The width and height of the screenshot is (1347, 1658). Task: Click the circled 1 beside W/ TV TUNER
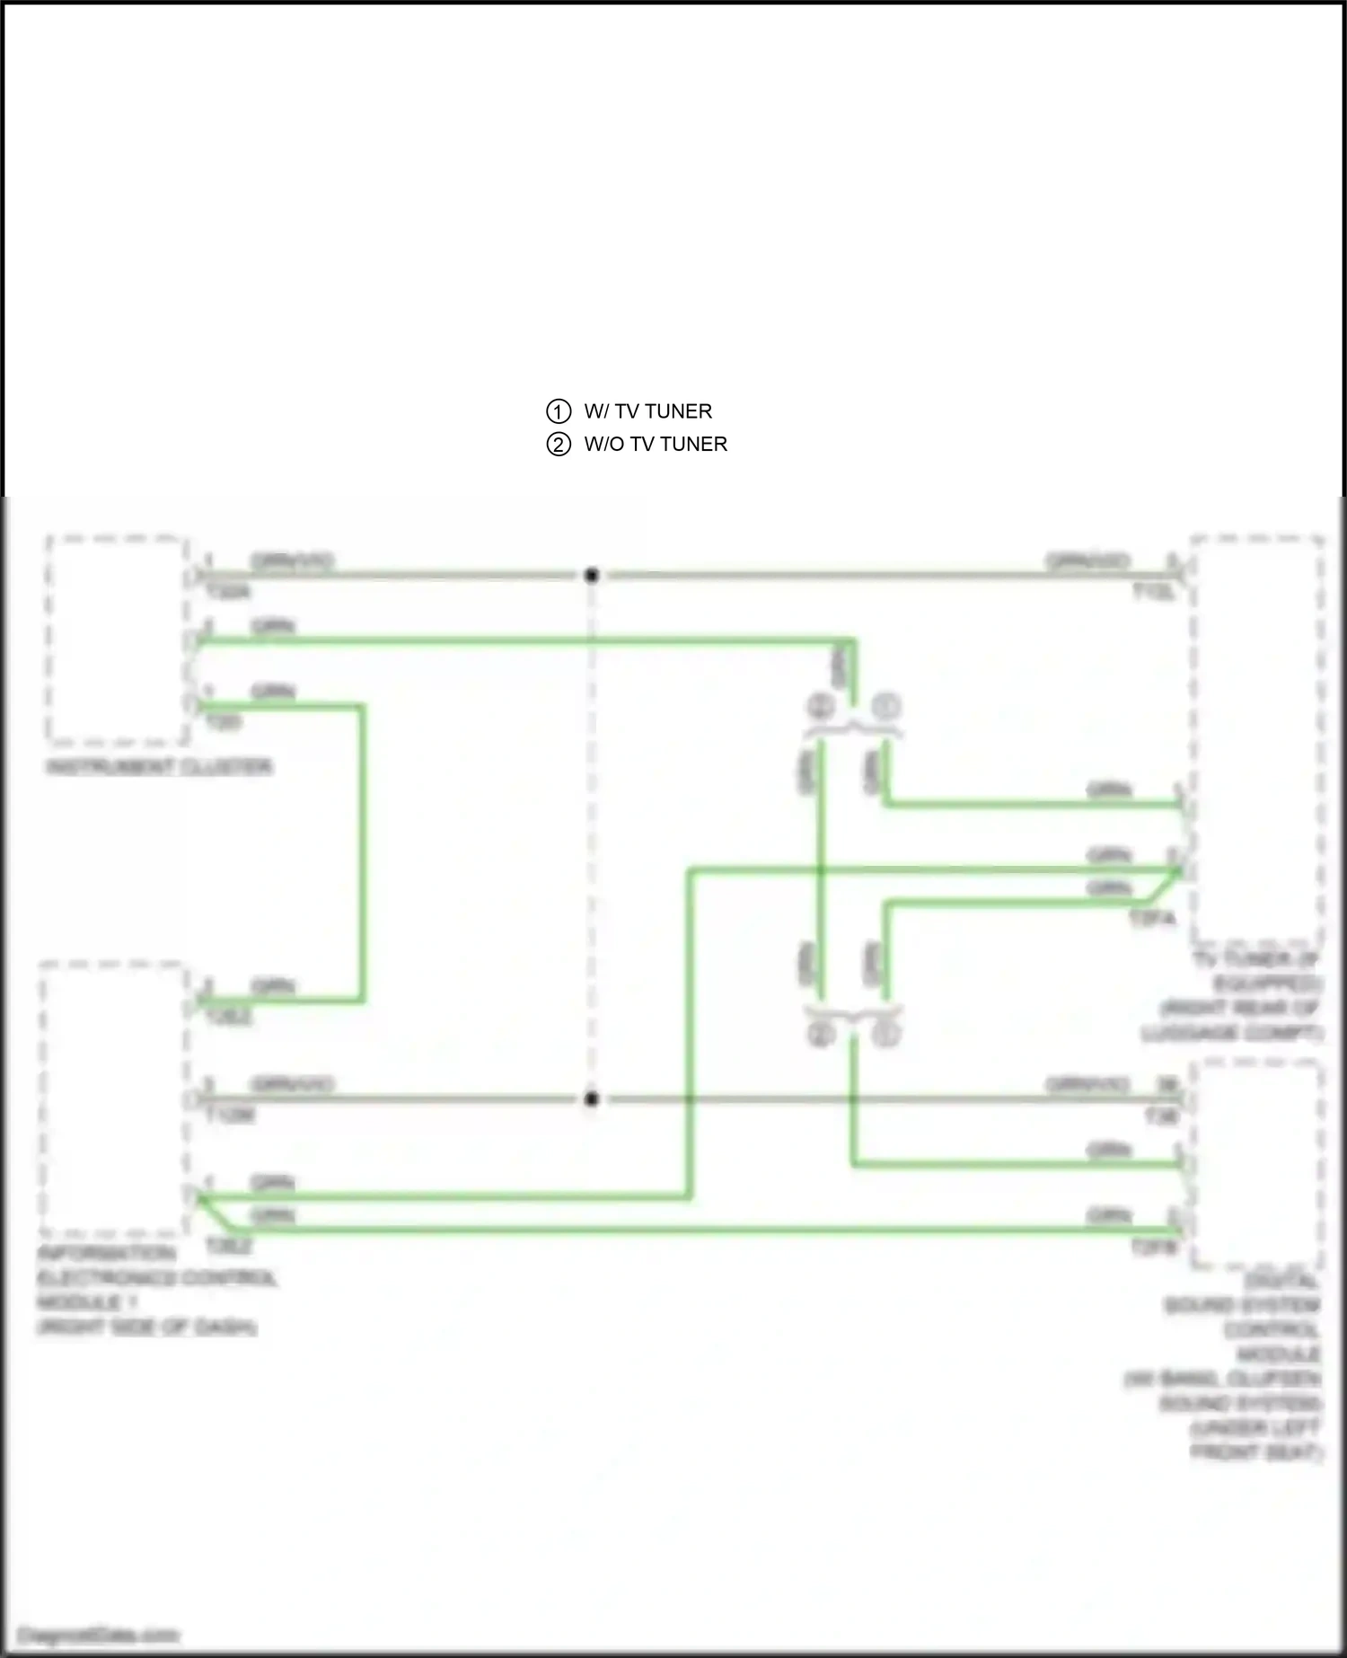pos(559,411)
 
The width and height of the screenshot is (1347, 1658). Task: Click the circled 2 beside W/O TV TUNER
pos(559,445)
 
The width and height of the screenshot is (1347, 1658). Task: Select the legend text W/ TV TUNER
pos(647,411)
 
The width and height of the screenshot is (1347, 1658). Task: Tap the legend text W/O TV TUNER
pos(656,445)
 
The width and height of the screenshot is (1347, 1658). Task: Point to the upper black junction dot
pos(591,576)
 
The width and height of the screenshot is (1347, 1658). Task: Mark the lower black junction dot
pos(591,1098)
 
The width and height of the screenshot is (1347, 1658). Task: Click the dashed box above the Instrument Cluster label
pos(117,639)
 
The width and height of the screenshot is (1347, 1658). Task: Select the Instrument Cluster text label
pos(159,767)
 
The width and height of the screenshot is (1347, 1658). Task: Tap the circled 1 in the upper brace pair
pos(885,707)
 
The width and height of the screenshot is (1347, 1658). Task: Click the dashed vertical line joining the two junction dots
pos(591,835)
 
